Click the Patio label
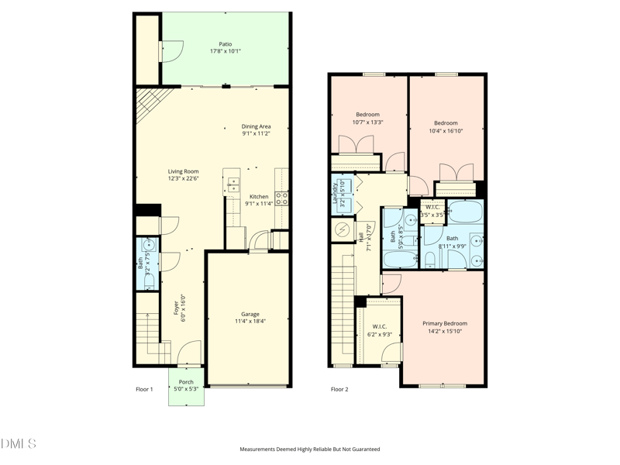(225, 44)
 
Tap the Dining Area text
(256, 126)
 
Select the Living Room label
(184, 171)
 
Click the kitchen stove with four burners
(282, 198)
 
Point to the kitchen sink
(232, 184)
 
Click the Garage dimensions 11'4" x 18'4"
(250, 321)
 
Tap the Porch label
(186, 382)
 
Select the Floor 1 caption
(144, 389)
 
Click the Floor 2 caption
(339, 389)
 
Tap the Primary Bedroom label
(444, 323)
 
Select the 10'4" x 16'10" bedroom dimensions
(446, 130)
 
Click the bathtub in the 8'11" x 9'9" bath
(465, 212)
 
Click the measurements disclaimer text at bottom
(310, 449)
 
